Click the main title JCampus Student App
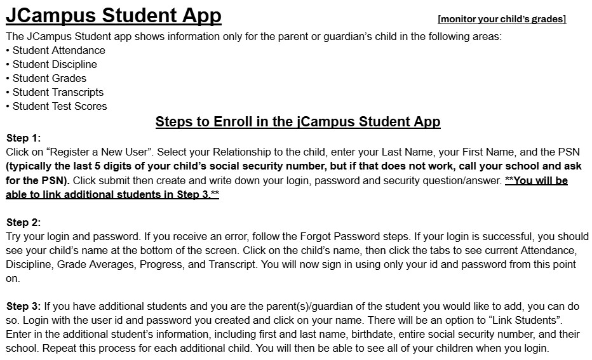[114, 15]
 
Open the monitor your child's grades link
[501, 19]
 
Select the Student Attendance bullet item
[58, 50]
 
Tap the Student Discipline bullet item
[55, 64]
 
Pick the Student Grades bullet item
[49, 78]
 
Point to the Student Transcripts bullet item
[58, 92]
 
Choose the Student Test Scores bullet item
[60, 106]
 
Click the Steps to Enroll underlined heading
[297, 121]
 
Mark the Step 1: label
[24, 138]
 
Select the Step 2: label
[24, 222]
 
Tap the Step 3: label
[24, 306]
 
